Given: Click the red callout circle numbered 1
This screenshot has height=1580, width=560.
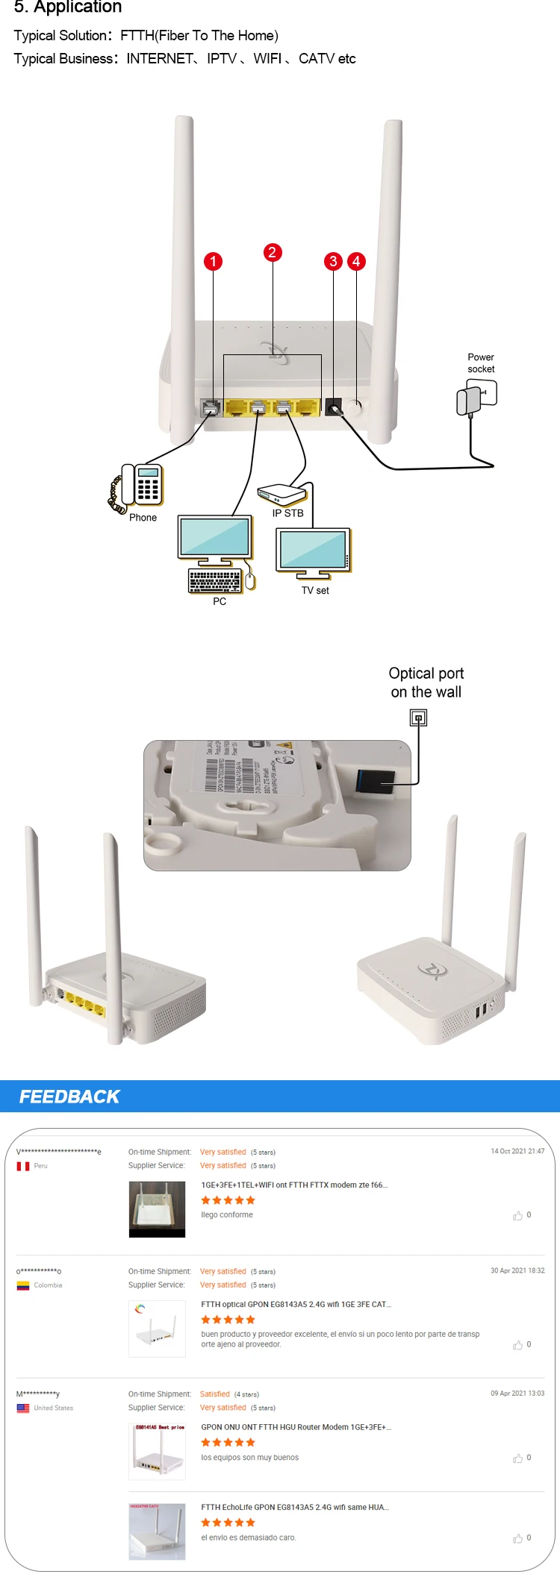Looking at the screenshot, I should (x=213, y=261).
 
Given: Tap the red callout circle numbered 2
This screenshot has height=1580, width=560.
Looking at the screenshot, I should (x=273, y=252).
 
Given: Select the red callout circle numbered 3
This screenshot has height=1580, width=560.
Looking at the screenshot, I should (x=333, y=261).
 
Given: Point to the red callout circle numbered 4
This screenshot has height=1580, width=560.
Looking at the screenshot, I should (x=356, y=261).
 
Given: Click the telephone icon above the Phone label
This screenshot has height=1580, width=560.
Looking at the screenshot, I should (x=140, y=486).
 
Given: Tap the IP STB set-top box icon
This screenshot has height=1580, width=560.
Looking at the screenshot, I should (x=281, y=494).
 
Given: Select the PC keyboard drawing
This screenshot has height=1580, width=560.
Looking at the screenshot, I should (x=215, y=580).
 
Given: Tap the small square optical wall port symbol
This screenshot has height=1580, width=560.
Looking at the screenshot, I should (x=418, y=718).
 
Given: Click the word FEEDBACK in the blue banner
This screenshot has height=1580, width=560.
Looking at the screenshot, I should (x=69, y=1097).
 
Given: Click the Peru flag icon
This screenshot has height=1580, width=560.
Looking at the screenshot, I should (x=23, y=1166).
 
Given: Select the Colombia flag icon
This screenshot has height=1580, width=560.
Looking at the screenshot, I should (x=23, y=1285).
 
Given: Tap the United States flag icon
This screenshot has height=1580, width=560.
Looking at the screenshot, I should (x=23, y=1408).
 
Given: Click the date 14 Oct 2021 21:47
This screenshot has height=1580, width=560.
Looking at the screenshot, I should (x=517, y=1151).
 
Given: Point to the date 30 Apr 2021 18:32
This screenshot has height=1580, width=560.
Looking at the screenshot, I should (x=517, y=1270).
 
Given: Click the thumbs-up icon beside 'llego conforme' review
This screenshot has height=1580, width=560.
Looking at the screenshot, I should (x=517, y=1216).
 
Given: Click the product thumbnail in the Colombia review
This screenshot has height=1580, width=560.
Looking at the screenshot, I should (x=157, y=1329).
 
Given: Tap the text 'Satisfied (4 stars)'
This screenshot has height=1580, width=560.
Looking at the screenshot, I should (x=229, y=1394).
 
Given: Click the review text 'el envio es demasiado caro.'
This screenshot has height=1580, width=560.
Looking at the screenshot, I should (x=249, y=1537).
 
